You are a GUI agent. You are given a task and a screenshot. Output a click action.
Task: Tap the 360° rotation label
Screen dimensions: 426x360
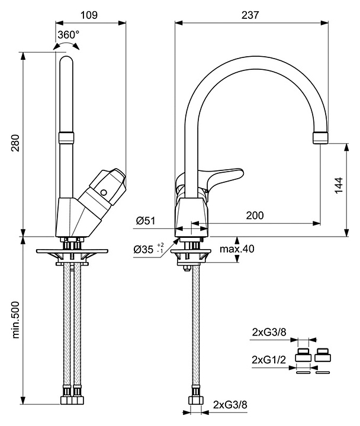(x=69, y=34)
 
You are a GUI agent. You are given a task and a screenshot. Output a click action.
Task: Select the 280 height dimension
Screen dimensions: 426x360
(x=15, y=144)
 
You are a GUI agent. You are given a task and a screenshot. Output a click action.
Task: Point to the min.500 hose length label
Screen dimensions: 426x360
(x=15, y=324)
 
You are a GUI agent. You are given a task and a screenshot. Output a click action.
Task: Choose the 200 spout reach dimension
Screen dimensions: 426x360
(x=255, y=216)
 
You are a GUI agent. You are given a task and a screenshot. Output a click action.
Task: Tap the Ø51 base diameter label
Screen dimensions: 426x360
(x=145, y=221)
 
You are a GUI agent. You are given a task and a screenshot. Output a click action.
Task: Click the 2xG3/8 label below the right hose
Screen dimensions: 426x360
(x=230, y=404)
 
